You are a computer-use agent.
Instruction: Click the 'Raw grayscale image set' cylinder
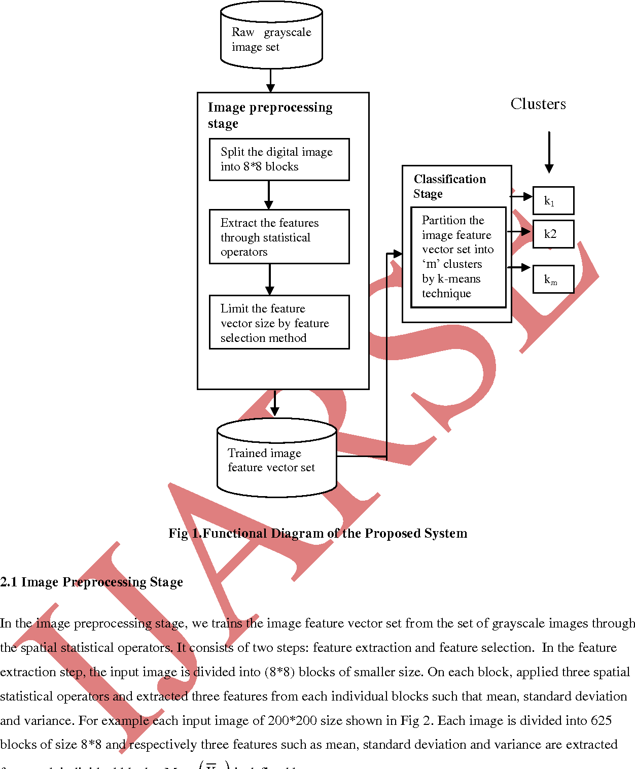coord(271,36)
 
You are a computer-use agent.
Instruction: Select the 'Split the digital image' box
coord(279,159)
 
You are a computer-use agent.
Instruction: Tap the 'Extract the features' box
coord(279,237)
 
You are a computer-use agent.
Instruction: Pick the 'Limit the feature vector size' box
coord(279,323)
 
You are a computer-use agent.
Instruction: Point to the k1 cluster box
coord(553,201)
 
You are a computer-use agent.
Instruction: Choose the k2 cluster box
coord(553,234)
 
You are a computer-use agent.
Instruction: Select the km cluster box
coord(553,279)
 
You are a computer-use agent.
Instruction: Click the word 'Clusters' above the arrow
coord(538,104)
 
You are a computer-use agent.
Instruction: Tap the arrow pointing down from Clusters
coord(549,152)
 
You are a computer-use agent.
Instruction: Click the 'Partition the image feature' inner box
coord(458,257)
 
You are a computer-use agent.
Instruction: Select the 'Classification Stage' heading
coord(449,186)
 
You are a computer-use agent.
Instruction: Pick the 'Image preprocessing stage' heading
coord(270,115)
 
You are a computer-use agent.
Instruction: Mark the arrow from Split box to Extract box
coord(269,195)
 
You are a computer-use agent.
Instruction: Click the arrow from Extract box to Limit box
coord(269,279)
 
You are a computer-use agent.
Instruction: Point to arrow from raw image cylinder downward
coord(270,81)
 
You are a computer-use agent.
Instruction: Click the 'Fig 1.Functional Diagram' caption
coord(317,533)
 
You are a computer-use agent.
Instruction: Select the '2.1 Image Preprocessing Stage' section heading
coord(92,582)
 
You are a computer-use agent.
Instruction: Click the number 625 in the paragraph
coord(601,720)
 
